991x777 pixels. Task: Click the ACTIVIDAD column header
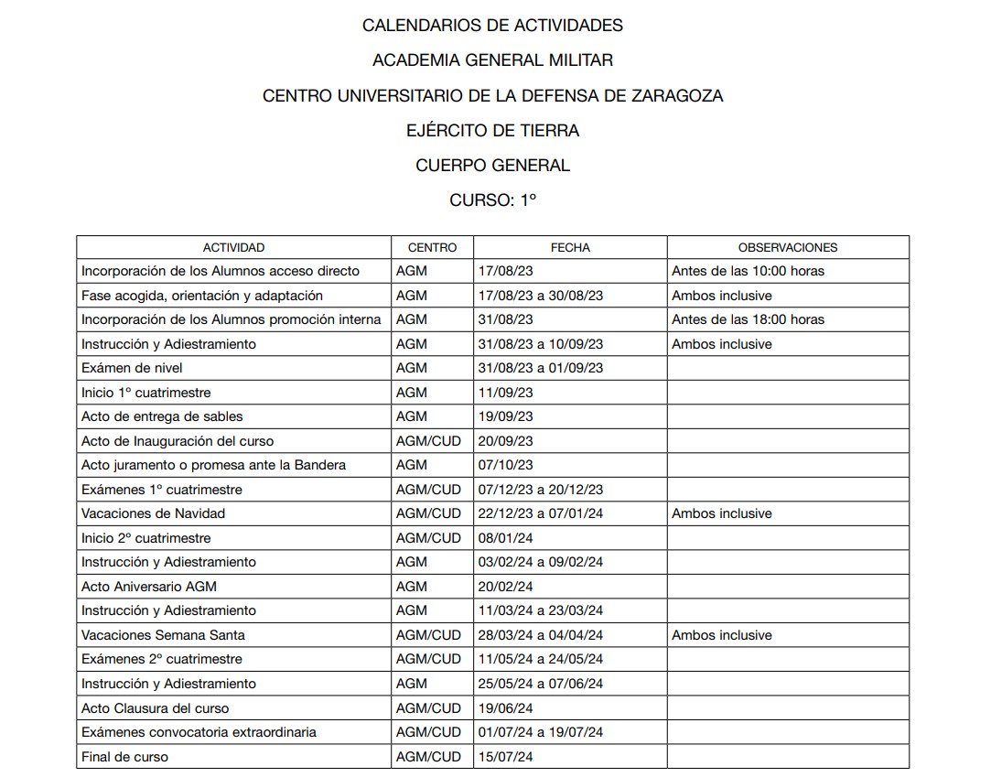tap(233, 247)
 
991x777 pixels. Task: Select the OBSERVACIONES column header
tap(787, 247)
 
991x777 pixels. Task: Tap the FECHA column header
tap(570, 247)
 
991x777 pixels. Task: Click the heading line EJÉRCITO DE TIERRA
tap(492, 131)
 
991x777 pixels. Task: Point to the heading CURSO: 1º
tap(492, 200)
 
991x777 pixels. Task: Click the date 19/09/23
tap(506, 416)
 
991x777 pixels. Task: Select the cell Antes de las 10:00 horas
tap(748, 271)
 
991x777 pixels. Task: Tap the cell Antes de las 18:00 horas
tap(748, 319)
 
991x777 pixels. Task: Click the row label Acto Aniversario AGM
tap(149, 587)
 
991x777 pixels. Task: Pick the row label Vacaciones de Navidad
tap(153, 513)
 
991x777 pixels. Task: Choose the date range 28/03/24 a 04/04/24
tap(541, 635)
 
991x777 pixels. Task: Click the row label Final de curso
tap(124, 757)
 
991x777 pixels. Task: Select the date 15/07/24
tap(506, 757)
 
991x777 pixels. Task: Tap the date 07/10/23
tap(506, 465)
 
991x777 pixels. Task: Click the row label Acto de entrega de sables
tap(162, 416)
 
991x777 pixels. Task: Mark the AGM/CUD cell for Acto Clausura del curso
tap(428, 708)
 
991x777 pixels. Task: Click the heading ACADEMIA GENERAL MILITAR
tap(492, 60)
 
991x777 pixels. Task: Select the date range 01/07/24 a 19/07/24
tap(541, 732)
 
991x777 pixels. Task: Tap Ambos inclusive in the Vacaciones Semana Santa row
tap(722, 635)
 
